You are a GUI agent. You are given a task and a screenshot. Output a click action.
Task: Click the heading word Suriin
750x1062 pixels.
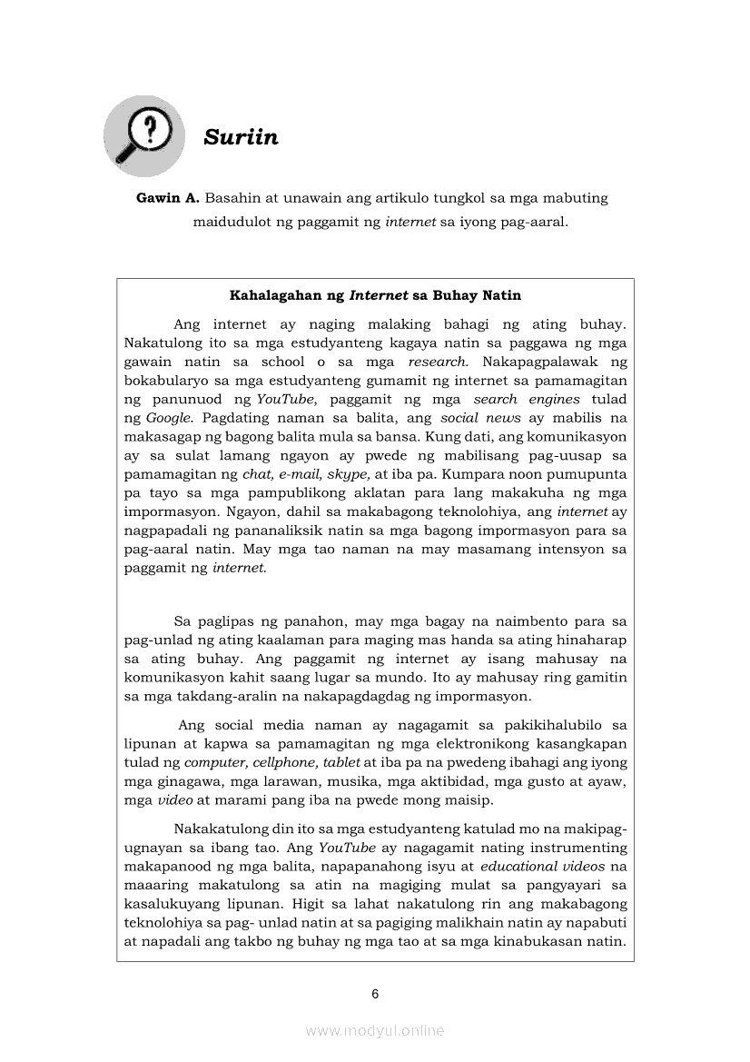[241, 137]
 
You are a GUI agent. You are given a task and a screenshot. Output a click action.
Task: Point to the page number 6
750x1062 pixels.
[375, 994]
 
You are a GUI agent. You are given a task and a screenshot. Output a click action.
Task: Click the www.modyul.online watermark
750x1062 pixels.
[375, 1030]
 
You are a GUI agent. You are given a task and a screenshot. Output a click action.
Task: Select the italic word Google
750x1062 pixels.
[169, 418]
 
